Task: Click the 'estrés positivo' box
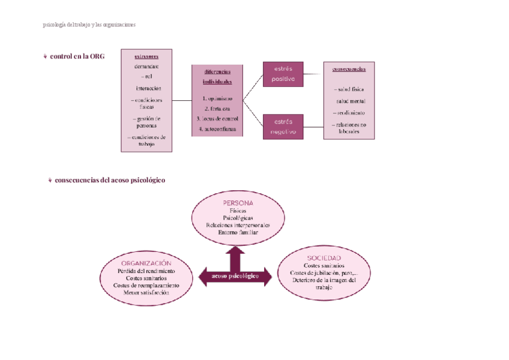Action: (283, 74)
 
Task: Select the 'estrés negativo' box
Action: (283, 126)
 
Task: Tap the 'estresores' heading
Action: (147, 57)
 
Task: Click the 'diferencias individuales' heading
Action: (217, 76)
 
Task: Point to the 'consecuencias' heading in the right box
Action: (349, 69)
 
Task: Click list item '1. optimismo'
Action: (217, 98)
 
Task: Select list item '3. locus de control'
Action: (217, 118)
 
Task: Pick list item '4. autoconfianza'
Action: (217, 129)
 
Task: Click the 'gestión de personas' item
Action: (147, 122)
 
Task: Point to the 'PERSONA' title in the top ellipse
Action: (238, 203)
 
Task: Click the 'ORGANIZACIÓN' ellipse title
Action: (146, 263)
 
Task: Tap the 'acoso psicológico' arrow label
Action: (235, 276)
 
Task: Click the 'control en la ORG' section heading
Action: (77, 56)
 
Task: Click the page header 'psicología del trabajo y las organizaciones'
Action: (89, 25)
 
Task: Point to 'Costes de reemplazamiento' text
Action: (146, 286)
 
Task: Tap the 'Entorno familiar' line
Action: (238, 232)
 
